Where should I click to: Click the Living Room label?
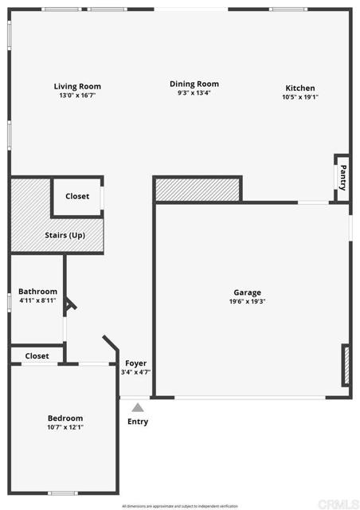(77, 86)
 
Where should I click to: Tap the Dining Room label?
(194, 84)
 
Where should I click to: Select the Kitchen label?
(300, 88)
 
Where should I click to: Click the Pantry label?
(342, 176)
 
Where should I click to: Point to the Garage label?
(247, 292)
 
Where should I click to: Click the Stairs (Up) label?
(65, 235)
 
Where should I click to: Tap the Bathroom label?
(37, 292)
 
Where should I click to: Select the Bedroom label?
(65, 418)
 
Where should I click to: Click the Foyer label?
(135, 363)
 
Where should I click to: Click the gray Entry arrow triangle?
(137, 407)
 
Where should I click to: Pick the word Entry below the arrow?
(137, 422)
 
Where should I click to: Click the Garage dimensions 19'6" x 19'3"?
(247, 301)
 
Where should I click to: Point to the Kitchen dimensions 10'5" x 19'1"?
(300, 97)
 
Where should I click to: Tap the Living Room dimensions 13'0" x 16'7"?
(77, 96)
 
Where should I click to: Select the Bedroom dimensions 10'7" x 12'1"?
(65, 427)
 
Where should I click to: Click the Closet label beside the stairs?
(77, 196)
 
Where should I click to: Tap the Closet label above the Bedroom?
(37, 355)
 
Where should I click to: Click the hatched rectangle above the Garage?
(198, 190)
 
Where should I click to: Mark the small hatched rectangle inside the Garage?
(346, 365)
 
